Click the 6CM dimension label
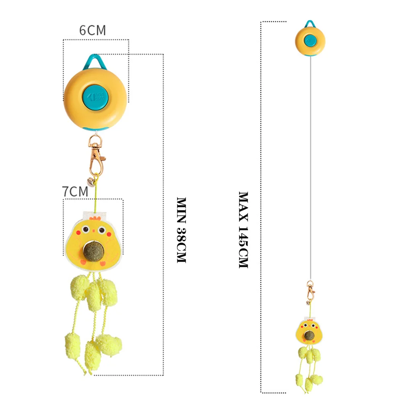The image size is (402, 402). (x=92, y=31)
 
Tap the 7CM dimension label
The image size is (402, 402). (x=75, y=192)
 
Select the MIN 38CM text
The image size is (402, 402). (x=182, y=230)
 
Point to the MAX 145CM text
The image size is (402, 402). (x=244, y=230)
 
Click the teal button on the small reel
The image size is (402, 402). (x=310, y=40)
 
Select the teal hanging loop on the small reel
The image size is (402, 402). (x=309, y=25)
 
